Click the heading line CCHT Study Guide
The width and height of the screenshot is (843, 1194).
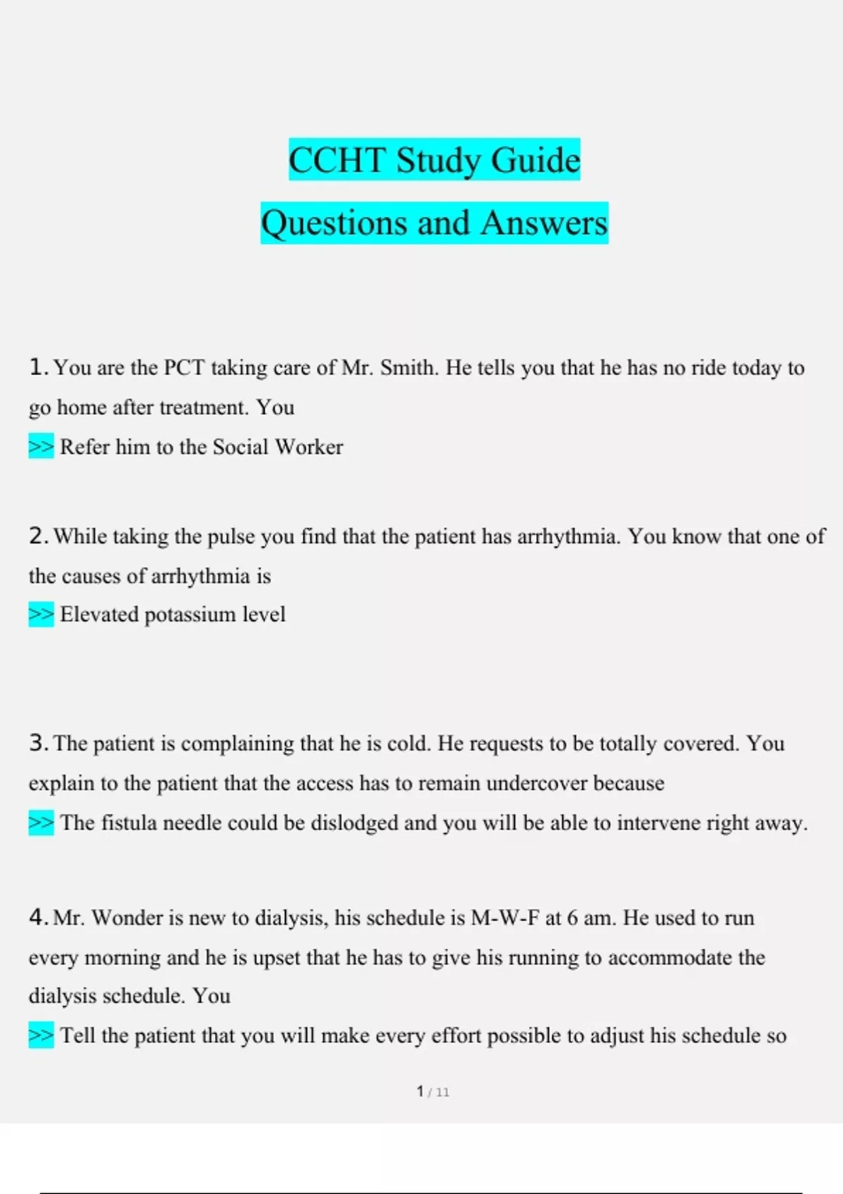(434, 160)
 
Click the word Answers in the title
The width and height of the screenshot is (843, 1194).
(544, 223)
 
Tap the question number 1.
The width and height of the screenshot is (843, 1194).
(38, 367)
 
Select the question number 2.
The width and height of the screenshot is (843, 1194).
(38, 536)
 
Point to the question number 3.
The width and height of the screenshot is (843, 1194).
(38, 742)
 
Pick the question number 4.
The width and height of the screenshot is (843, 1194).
(38, 917)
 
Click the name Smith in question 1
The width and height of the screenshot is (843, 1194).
(407, 367)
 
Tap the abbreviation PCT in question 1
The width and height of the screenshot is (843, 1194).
(184, 367)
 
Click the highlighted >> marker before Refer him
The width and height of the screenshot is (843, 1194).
(41, 447)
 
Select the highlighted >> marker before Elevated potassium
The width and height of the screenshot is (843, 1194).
(41, 615)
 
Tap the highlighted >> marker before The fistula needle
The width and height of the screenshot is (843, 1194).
(41, 822)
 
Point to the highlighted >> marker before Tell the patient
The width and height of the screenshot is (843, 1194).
(41, 1035)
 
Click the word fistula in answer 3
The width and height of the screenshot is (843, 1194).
(128, 822)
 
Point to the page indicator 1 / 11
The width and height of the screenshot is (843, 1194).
(433, 1091)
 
